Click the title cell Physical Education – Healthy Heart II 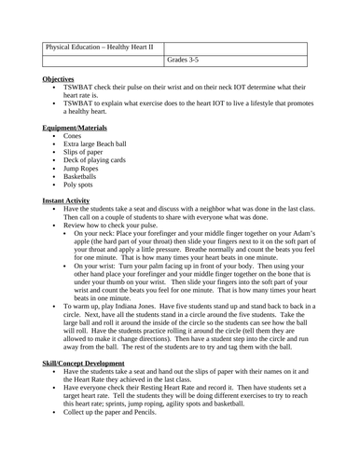(102, 48)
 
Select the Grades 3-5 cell (183, 62)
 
